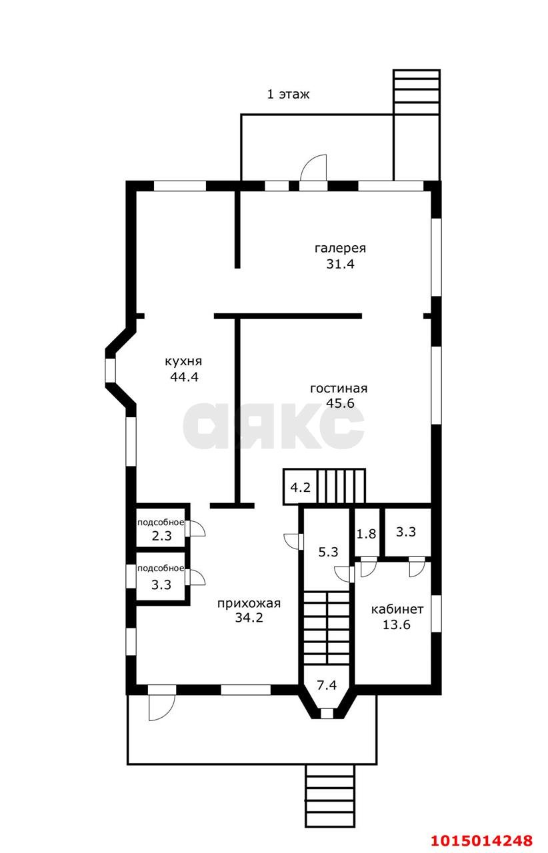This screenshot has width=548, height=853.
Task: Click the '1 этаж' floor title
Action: click(288, 94)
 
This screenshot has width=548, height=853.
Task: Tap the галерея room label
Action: click(340, 249)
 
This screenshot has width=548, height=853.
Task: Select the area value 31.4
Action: click(340, 264)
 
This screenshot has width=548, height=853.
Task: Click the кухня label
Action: click(183, 361)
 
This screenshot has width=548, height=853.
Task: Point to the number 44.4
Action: click(185, 377)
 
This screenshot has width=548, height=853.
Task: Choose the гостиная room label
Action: click(339, 389)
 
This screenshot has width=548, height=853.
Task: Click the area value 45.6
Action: click(340, 403)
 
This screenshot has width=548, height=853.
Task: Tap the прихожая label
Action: click(249, 604)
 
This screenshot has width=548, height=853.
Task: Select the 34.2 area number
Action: click(249, 618)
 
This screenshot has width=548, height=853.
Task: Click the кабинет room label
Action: click(397, 609)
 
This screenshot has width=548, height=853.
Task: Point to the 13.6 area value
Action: click(396, 625)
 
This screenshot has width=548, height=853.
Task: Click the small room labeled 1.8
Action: click(366, 534)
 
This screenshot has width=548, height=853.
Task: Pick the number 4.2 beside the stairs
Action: click(300, 487)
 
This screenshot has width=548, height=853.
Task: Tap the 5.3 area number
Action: click(328, 552)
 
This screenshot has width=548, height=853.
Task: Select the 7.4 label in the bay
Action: click(327, 685)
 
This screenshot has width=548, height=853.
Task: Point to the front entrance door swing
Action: click(161, 708)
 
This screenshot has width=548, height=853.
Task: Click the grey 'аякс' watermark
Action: click(273, 425)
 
